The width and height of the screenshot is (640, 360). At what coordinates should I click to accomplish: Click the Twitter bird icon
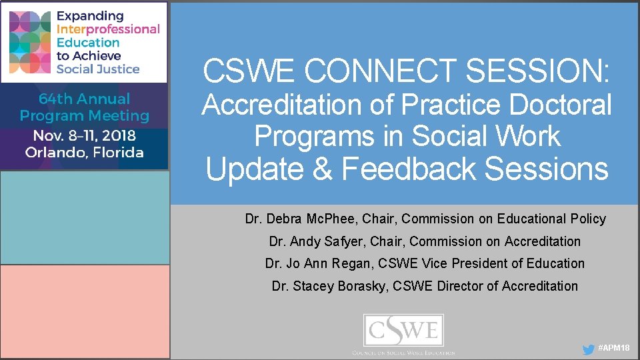(x=588, y=349)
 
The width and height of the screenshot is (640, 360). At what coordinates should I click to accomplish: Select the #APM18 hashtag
(x=614, y=349)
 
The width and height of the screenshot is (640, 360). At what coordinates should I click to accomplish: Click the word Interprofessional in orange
(x=108, y=29)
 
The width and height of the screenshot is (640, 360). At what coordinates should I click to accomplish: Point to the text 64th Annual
(x=84, y=99)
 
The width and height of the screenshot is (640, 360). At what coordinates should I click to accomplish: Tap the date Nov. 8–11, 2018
(x=84, y=135)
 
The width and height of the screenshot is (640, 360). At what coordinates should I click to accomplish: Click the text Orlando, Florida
(x=84, y=153)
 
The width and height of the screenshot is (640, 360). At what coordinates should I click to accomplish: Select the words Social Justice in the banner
(x=98, y=69)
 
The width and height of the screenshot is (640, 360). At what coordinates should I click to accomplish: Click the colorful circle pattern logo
(x=30, y=42)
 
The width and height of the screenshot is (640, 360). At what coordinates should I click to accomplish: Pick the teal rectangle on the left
(x=84, y=218)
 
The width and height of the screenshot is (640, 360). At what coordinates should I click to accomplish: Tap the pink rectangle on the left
(x=84, y=311)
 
